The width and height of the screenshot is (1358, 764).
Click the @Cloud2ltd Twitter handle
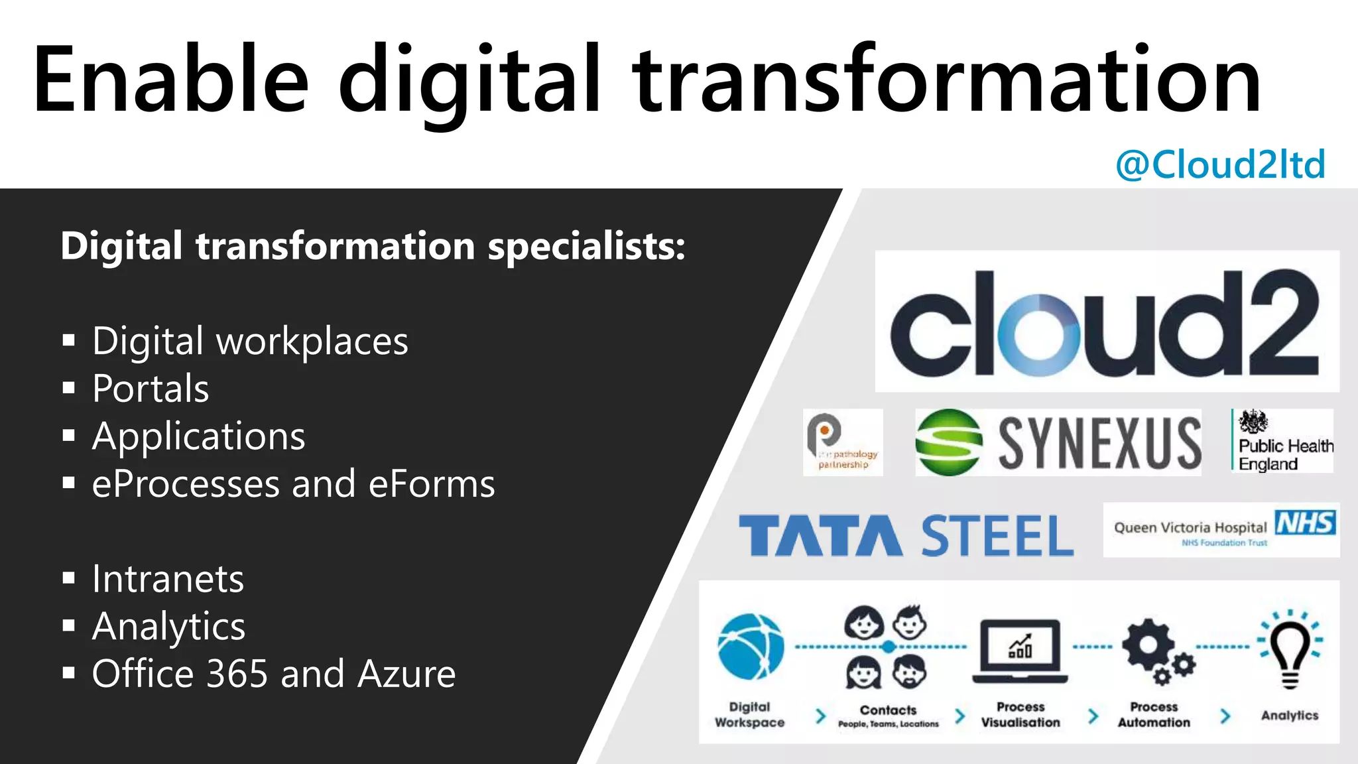1220,164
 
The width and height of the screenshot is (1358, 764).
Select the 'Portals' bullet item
151,389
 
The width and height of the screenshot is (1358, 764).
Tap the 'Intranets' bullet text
168,579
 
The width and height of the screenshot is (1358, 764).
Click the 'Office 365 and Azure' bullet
273,674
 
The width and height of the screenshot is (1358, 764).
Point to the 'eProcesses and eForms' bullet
293,484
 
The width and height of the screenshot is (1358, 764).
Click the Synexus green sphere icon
948,442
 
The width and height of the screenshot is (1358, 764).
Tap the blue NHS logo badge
1305,523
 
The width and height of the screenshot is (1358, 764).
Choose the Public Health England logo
1282,441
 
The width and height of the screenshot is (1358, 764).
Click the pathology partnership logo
843,442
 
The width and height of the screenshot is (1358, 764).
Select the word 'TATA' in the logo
820,536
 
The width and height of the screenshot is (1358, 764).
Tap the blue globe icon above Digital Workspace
751,647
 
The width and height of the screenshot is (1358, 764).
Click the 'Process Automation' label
1154,715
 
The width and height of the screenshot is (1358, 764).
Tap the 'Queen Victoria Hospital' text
1190,528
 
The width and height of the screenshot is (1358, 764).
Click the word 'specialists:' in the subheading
587,247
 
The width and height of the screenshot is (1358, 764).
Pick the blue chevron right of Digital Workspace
821,716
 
